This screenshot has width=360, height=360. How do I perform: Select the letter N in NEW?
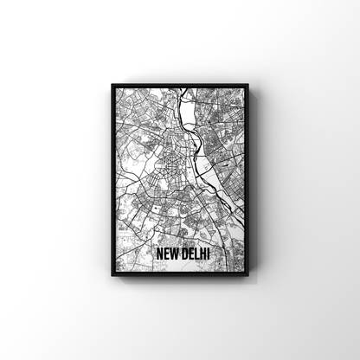159,254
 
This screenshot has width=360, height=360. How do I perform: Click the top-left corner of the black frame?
112,85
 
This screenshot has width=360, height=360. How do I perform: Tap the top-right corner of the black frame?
247,85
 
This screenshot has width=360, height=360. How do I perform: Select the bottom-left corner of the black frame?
112,276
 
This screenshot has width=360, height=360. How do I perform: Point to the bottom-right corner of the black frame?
247,276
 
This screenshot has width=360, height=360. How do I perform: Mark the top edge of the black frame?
180,85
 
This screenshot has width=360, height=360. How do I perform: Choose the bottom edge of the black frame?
180,276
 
